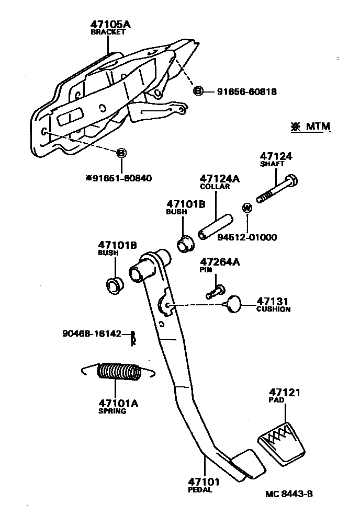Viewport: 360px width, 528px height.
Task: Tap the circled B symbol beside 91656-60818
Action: click(198, 91)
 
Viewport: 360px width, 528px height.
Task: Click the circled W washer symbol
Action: click(248, 208)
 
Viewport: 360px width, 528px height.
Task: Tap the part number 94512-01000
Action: click(240, 237)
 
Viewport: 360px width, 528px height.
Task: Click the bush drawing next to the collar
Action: click(184, 244)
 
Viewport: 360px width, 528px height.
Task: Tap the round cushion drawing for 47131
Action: click(234, 303)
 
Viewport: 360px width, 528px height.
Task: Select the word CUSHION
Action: click(273, 309)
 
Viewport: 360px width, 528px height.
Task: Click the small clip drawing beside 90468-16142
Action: click(133, 339)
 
